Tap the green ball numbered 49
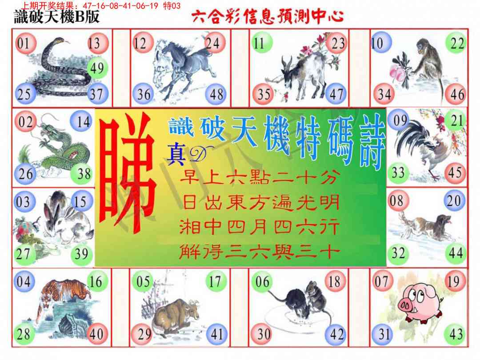(98, 68)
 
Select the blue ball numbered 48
(216, 94)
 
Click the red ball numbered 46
(456, 94)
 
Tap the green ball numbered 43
(456, 334)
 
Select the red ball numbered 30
(262, 334)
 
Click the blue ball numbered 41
(216, 334)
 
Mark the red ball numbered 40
(97, 334)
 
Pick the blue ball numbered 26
(25, 174)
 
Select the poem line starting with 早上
(260, 177)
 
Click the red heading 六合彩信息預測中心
(268, 17)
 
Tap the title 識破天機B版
(56, 16)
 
